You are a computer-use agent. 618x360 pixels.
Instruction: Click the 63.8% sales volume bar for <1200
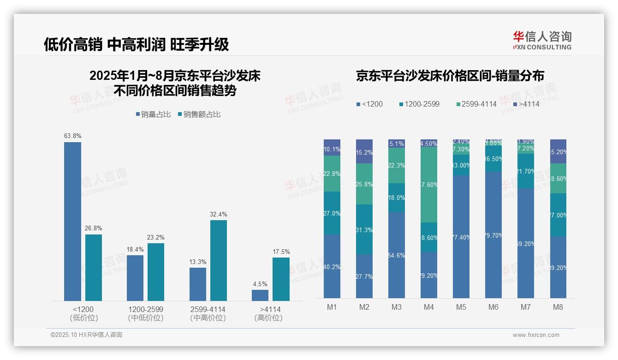coord(72,222)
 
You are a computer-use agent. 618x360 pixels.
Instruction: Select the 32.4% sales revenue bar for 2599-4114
coord(219,260)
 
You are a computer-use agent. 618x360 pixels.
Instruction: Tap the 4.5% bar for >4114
coord(260,295)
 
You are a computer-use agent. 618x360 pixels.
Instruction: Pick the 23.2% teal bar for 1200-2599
coord(156,272)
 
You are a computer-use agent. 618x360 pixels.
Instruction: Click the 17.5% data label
coord(281,252)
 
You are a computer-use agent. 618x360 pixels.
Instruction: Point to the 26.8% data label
coord(94,228)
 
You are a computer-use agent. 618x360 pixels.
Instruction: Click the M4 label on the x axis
coord(429,307)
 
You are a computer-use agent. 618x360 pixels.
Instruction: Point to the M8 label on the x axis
coord(558,307)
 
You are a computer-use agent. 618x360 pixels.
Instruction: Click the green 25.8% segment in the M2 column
coord(364,184)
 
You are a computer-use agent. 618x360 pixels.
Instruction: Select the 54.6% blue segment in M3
coord(397,255)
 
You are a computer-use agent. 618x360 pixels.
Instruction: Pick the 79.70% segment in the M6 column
coord(493,235)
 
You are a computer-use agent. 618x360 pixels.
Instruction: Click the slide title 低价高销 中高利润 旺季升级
coord(137,44)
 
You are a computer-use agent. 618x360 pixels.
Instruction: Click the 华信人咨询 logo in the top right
coord(542,40)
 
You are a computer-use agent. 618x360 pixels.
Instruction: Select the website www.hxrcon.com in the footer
coord(536,335)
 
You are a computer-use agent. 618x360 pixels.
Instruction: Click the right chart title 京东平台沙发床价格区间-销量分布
coord(450,76)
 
